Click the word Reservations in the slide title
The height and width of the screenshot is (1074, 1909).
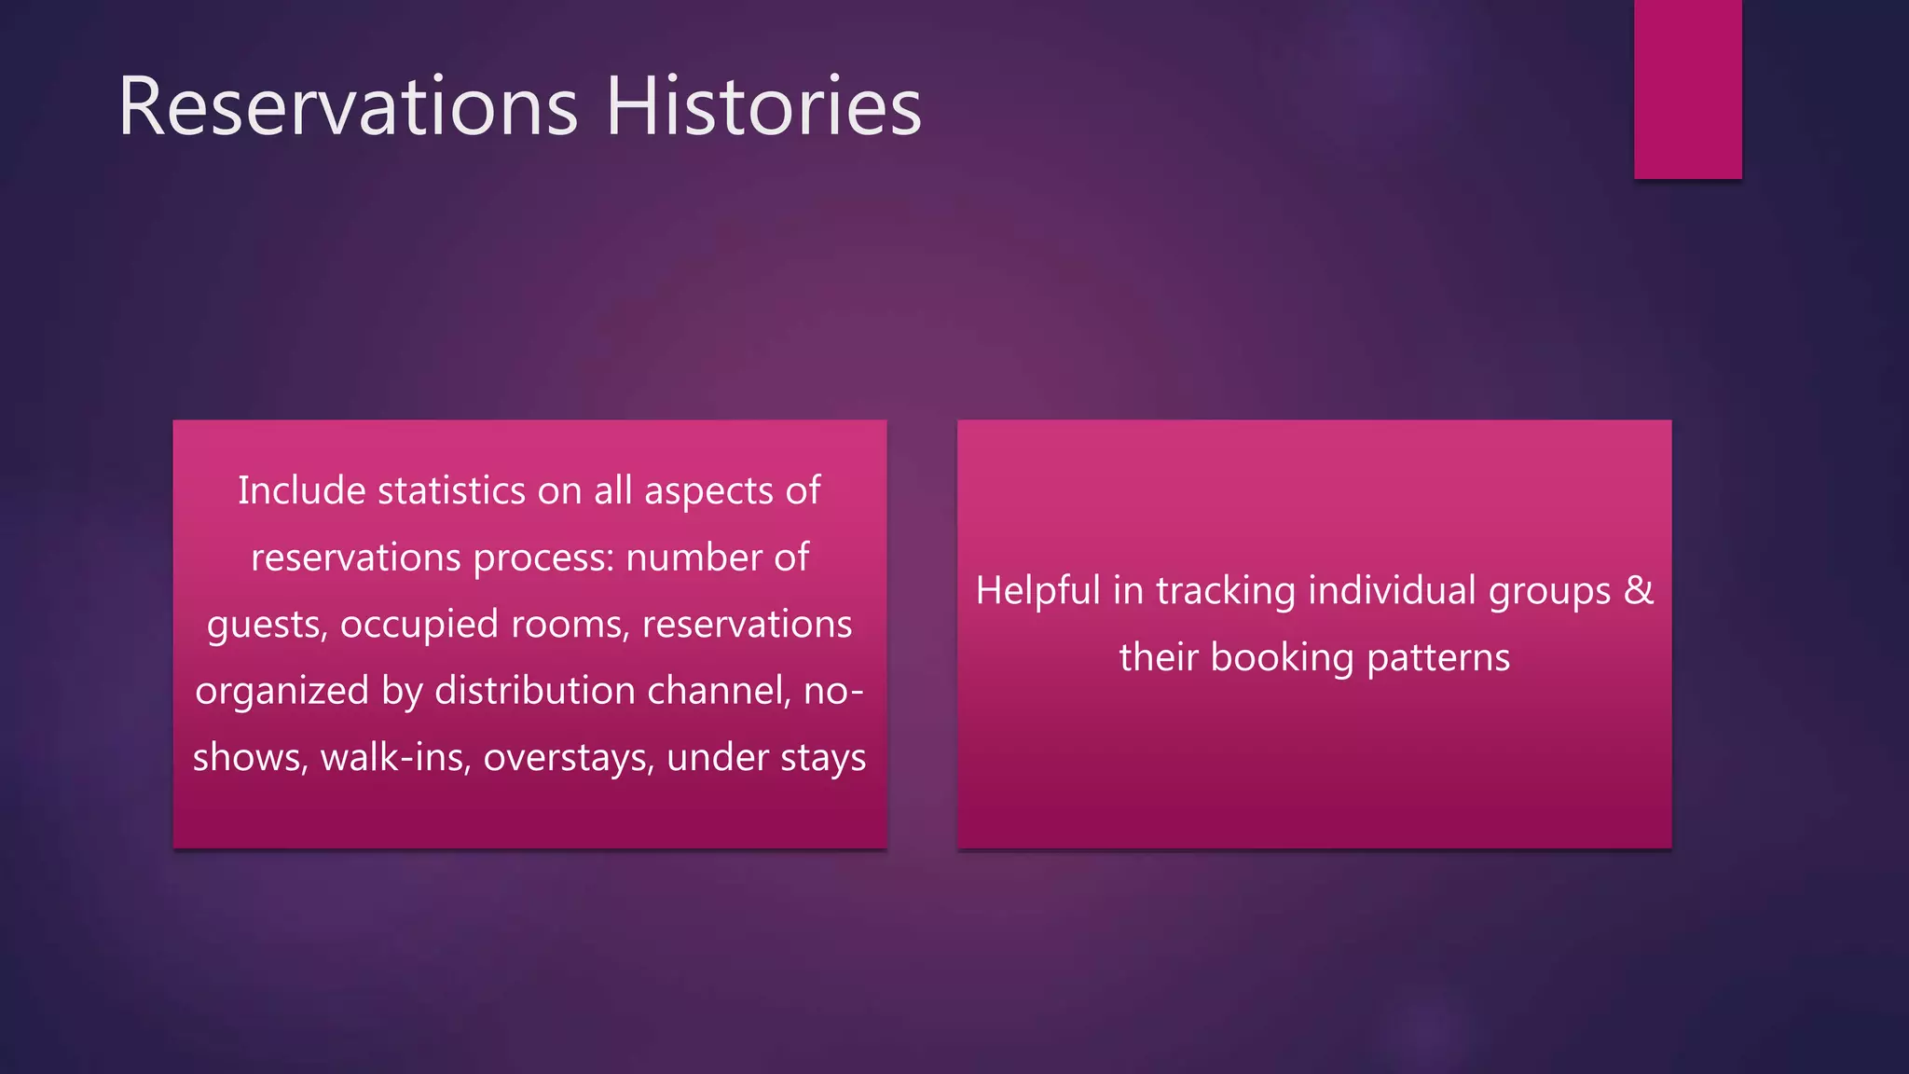[348, 107]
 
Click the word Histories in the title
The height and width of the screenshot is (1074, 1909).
[763, 107]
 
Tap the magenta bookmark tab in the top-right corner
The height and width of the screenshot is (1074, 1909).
[1687, 89]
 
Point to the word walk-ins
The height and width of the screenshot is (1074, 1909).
[396, 757]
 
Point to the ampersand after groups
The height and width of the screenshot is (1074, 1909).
[1639, 591]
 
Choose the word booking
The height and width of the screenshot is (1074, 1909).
[1283, 658]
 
